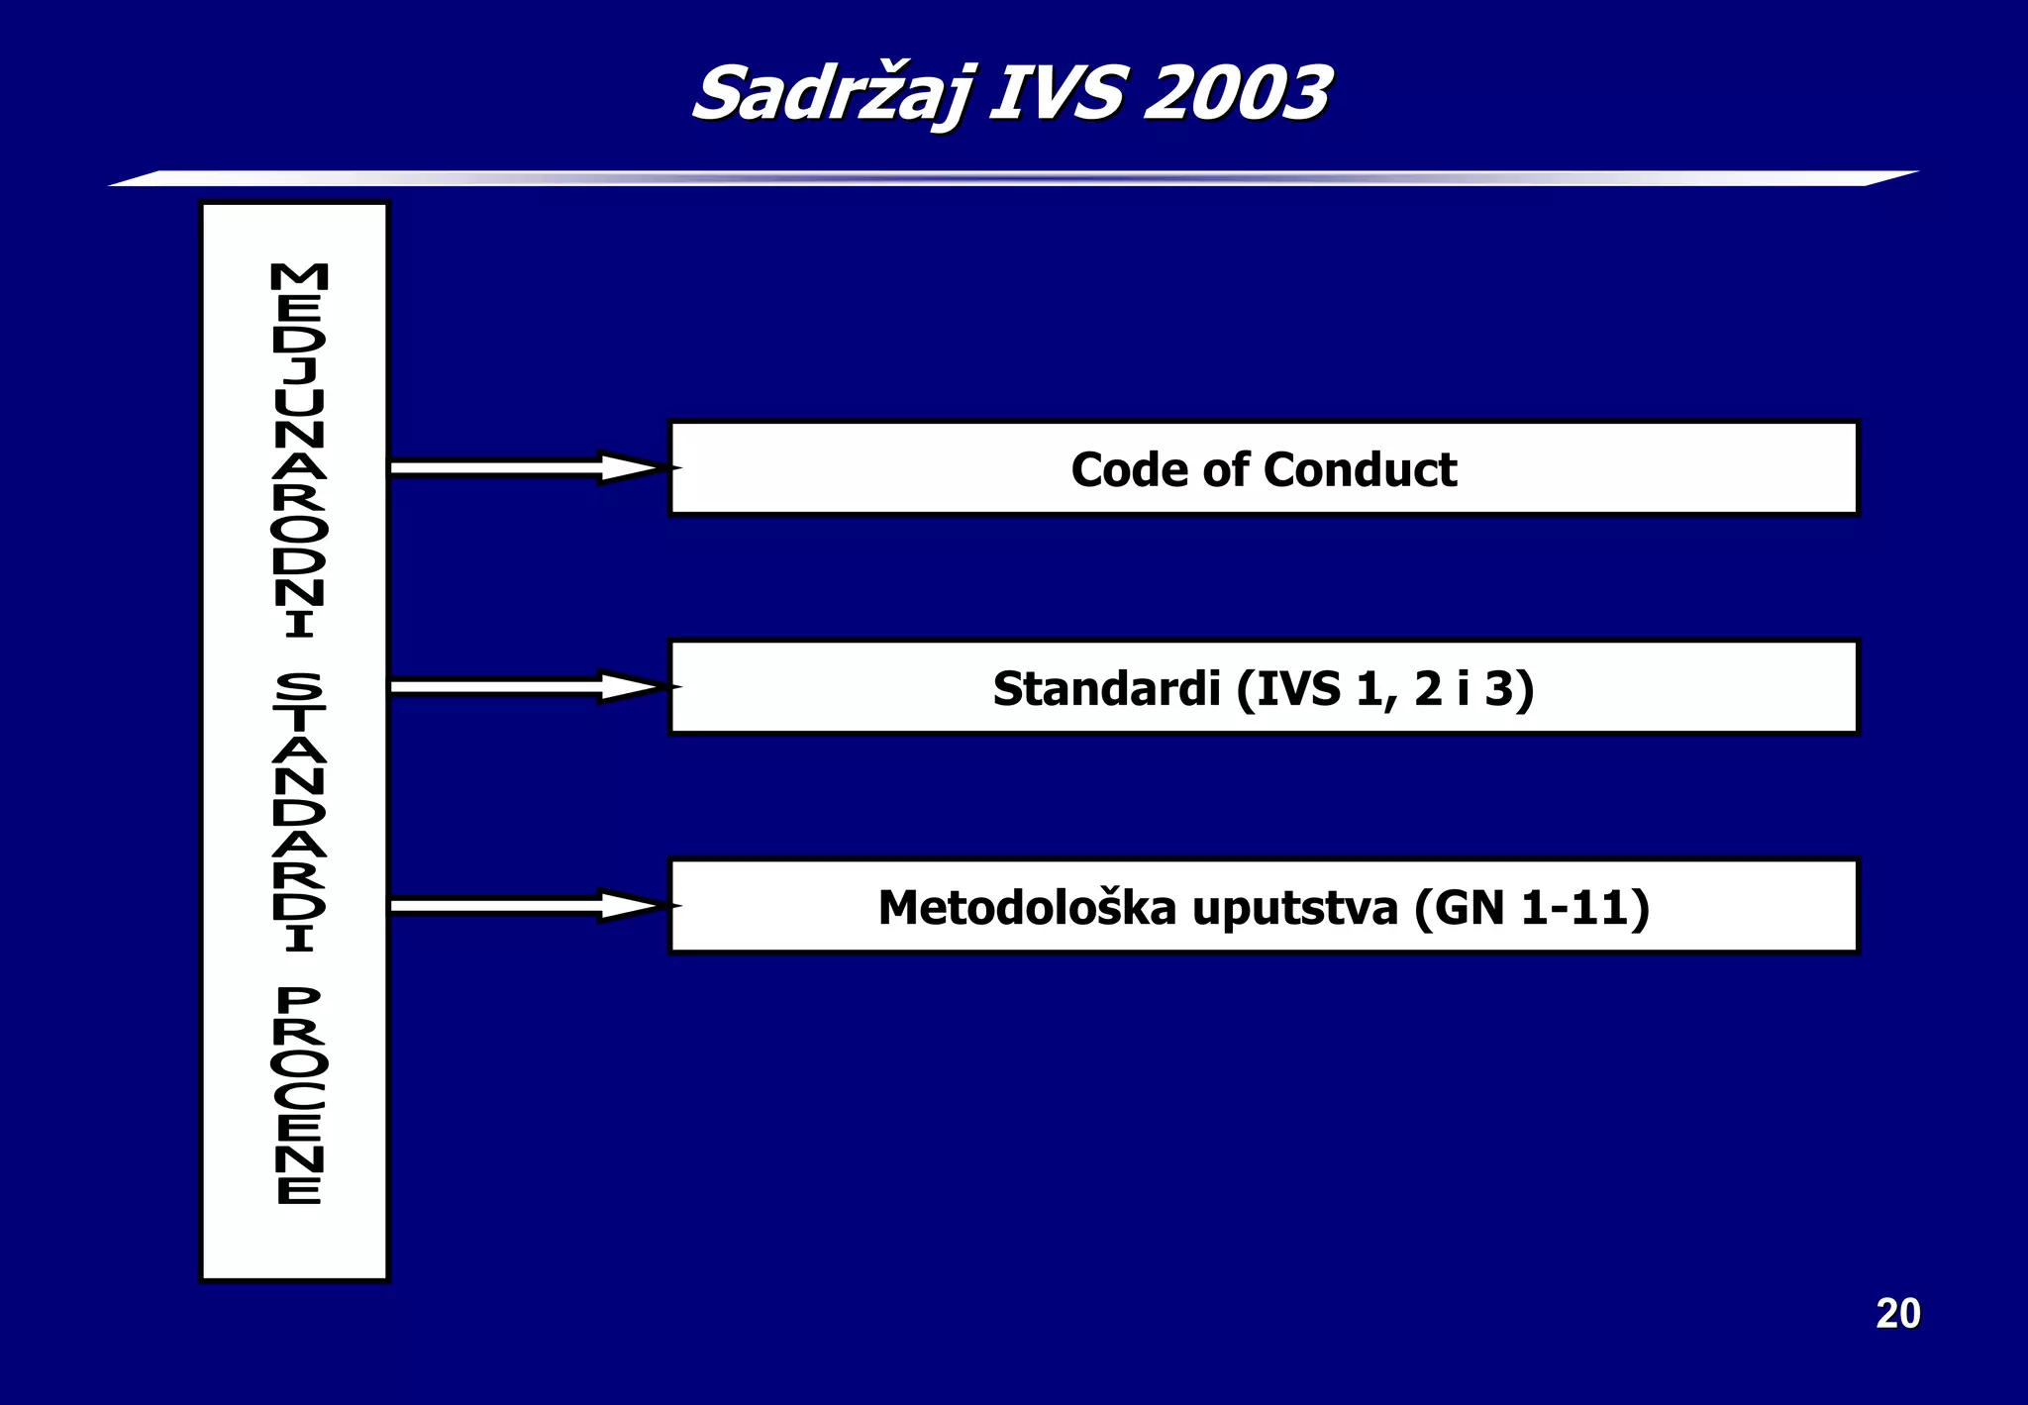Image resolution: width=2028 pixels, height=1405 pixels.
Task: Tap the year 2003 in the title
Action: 1237,94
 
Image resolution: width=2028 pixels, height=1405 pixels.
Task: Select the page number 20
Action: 1897,1314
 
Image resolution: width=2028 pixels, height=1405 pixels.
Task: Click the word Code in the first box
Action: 1129,469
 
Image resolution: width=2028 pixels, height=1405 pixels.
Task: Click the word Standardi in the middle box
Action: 1106,688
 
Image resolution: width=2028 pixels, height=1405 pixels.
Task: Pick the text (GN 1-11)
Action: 1531,908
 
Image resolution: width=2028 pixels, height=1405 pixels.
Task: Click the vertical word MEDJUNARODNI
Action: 298,451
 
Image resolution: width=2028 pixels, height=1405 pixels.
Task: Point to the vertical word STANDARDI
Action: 298,812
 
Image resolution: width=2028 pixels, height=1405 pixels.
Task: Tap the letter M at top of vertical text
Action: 298,276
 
